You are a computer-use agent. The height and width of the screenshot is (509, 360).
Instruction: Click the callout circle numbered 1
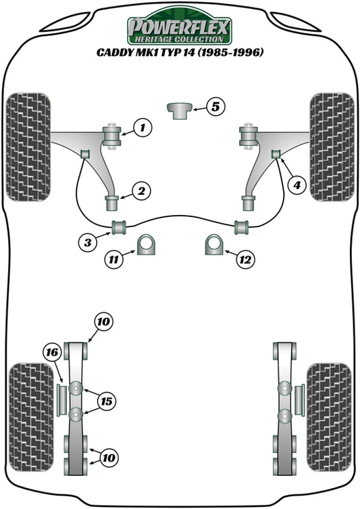pos(143,126)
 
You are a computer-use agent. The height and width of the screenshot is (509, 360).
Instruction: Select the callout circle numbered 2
pos(141,192)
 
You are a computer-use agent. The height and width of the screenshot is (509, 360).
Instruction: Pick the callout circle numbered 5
pos(214,105)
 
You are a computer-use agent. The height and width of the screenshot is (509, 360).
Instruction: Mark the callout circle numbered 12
pos(245,258)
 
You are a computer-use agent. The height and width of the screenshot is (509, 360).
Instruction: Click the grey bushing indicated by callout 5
pos(180,109)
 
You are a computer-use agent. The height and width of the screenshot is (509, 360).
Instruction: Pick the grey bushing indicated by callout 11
pos(147,245)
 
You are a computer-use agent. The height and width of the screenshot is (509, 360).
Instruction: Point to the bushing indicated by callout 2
pos(113,202)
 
